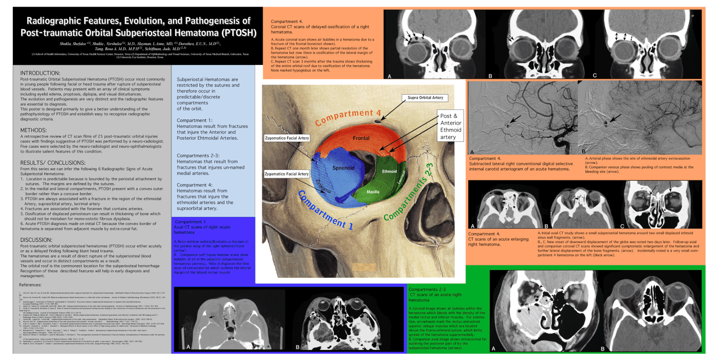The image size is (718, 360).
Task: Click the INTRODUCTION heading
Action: [40, 73]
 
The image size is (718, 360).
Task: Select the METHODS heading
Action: [33, 130]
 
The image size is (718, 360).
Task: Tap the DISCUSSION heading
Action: [36, 240]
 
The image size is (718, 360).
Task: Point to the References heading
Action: [30, 285]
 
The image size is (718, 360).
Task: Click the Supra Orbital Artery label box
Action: [425, 98]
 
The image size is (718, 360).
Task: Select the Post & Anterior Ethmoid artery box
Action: [451, 126]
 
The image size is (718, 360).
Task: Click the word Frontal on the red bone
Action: [361, 138]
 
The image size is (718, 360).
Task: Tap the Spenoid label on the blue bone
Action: [343, 168]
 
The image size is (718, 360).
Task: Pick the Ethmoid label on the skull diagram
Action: [389, 172]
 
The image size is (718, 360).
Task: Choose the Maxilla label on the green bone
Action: [373, 192]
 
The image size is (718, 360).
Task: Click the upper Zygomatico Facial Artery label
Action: [287, 138]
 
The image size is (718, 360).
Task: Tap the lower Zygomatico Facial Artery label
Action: [287, 174]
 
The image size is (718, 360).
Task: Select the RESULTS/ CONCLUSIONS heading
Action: [53, 163]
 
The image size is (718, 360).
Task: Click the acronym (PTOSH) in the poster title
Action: [239, 33]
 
